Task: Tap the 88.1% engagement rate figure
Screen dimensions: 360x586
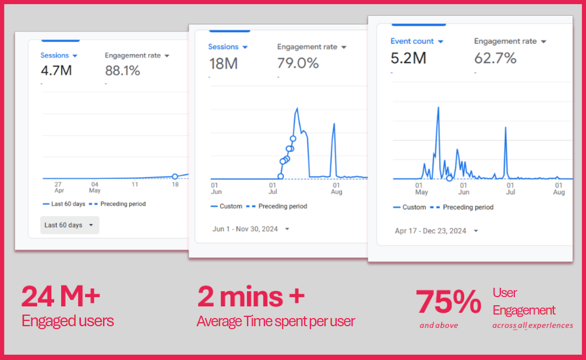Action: click(122, 71)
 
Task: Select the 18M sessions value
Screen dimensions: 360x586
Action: click(223, 63)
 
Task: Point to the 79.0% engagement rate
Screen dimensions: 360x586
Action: click(298, 63)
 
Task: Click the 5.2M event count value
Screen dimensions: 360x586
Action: click(408, 58)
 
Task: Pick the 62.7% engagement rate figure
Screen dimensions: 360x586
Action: click(495, 58)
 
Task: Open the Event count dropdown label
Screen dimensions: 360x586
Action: click(417, 41)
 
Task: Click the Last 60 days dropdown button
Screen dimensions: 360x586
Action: click(69, 225)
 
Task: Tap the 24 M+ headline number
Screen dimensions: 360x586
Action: click(61, 297)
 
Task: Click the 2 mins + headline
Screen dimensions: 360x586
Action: click(251, 296)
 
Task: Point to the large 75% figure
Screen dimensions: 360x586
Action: click(448, 302)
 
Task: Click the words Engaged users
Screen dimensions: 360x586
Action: click(68, 320)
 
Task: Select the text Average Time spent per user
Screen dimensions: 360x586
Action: click(276, 320)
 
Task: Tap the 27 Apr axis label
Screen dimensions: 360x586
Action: click(58, 187)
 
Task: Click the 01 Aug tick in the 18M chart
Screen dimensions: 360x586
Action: click(336, 188)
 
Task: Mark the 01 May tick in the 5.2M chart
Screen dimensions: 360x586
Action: click(421, 188)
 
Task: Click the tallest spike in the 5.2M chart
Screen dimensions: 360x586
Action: click(438, 108)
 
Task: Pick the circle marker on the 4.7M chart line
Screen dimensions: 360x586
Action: click(175, 177)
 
